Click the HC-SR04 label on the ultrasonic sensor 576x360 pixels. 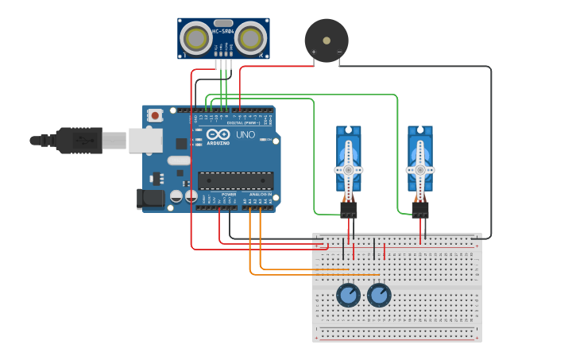(223, 31)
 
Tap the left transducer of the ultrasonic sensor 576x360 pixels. (196, 37)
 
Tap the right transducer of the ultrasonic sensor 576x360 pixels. (251, 37)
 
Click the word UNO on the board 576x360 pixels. (245, 134)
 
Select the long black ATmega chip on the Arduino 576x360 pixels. (235, 180)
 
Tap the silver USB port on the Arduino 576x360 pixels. (145, 141)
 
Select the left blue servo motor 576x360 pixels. (348, 159)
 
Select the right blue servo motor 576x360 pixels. (420, 159)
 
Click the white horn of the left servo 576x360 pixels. (348, 169)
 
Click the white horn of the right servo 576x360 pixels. (420, 169)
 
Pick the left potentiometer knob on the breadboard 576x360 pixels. (348, 296)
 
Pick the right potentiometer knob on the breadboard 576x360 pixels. (379, 296)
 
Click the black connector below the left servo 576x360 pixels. (349, 210)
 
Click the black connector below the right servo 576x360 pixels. (420, 210)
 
